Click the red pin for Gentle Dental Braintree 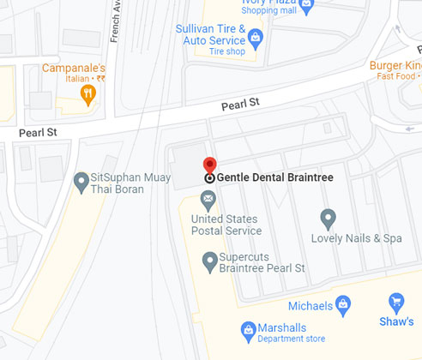coord(209,165)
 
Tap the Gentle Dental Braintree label coord(274,177)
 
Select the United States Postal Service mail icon coord(208,200)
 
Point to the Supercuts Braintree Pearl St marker coord(208,259)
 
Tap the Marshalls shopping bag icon coord(248,328)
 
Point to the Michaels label coord(310,306)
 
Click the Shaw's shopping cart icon coord(396,302)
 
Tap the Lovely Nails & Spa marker coord(327,218)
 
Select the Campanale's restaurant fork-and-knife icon coord(87,93)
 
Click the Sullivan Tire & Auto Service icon coord(256,39)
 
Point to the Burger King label coord(395,65)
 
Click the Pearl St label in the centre coord(241,105)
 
